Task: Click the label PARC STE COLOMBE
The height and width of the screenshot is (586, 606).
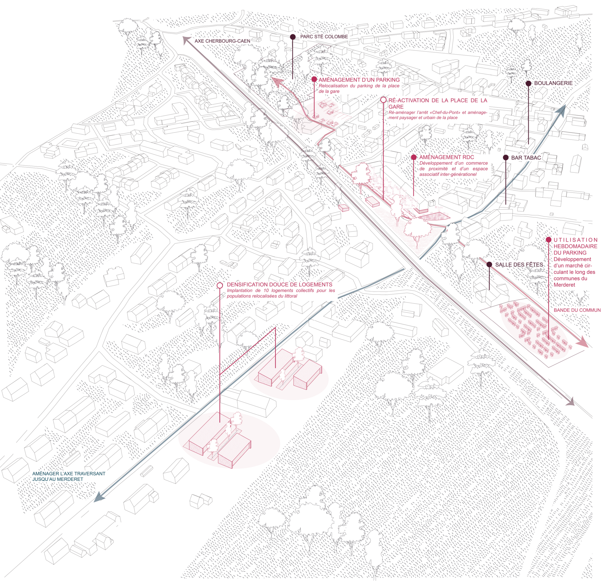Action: [324, 37]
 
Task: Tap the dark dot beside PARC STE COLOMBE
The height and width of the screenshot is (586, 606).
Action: [293, 37]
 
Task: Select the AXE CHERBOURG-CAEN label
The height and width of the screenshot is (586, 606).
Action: [222, 41]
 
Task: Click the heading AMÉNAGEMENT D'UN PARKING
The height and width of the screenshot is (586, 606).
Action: [359, 80]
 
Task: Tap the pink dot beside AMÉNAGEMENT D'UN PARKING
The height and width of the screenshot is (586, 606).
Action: [314, 79]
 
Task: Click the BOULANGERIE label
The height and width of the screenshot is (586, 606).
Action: [553, 83]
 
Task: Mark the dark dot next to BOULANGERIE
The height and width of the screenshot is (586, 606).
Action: [528, 83]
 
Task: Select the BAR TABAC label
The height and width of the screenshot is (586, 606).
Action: [526, 158]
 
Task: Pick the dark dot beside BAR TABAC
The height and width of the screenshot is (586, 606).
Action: [506, 157]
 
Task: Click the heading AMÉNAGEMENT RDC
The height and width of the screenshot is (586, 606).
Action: [447, 157]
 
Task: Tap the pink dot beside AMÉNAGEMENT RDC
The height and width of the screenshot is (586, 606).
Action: [414, 157]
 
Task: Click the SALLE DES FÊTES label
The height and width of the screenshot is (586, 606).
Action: [519, 264]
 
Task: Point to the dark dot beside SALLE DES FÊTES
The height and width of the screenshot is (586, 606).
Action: [489, 264]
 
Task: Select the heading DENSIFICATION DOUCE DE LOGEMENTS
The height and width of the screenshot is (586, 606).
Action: [279, 285]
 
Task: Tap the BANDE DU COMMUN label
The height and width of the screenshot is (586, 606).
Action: [577, 310]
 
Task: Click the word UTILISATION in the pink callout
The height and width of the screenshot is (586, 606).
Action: [575, 240]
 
